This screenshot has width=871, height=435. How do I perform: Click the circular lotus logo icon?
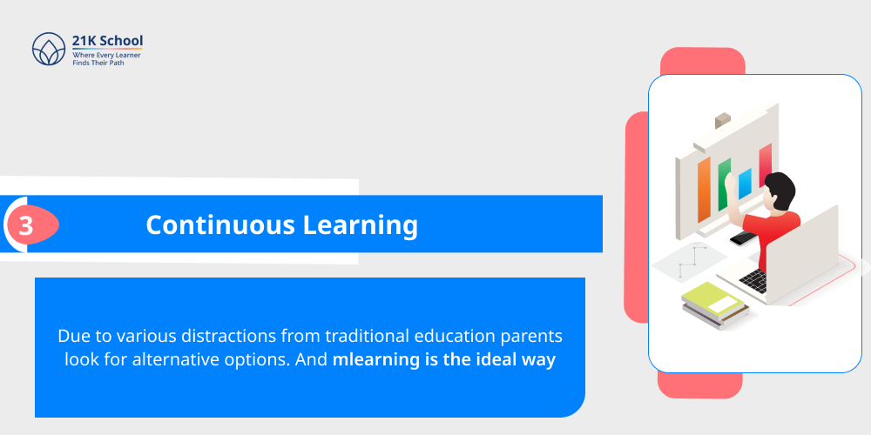pyautogui.click(x=49, y=50)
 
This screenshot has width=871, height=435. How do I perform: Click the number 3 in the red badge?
pyautogui.click(x=26, y=226)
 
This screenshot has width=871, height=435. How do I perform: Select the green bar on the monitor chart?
pyautogui.click(x=724, y=183)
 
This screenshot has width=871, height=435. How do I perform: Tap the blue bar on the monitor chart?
pyautogui.click(x=745, y=184)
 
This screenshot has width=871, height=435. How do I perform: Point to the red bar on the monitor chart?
pyautogui.click(x=765, y=165)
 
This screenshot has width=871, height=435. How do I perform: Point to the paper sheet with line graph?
pyautogui.click(x=692, y=260)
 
